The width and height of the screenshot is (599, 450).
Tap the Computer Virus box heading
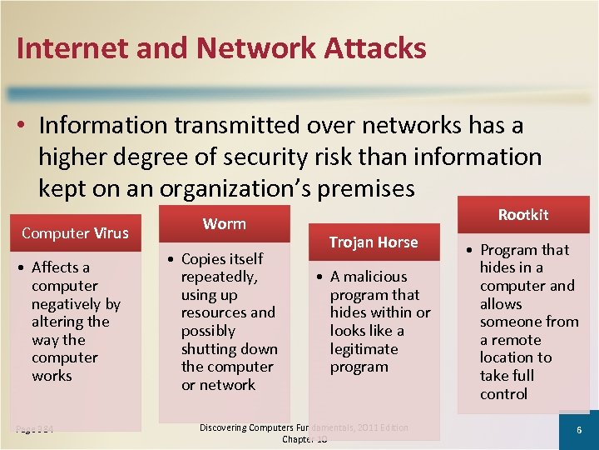point(75,232)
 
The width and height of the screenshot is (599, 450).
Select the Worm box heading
point(225,223)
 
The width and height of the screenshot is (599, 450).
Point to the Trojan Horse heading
point(373,242)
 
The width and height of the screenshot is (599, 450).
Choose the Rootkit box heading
point(523,214)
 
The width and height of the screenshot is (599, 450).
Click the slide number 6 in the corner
point(580,429)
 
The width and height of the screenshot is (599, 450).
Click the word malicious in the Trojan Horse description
point(374,276)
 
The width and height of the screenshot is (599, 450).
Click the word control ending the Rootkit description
point(503,393)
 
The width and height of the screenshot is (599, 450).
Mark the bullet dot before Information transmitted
point(23,126)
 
